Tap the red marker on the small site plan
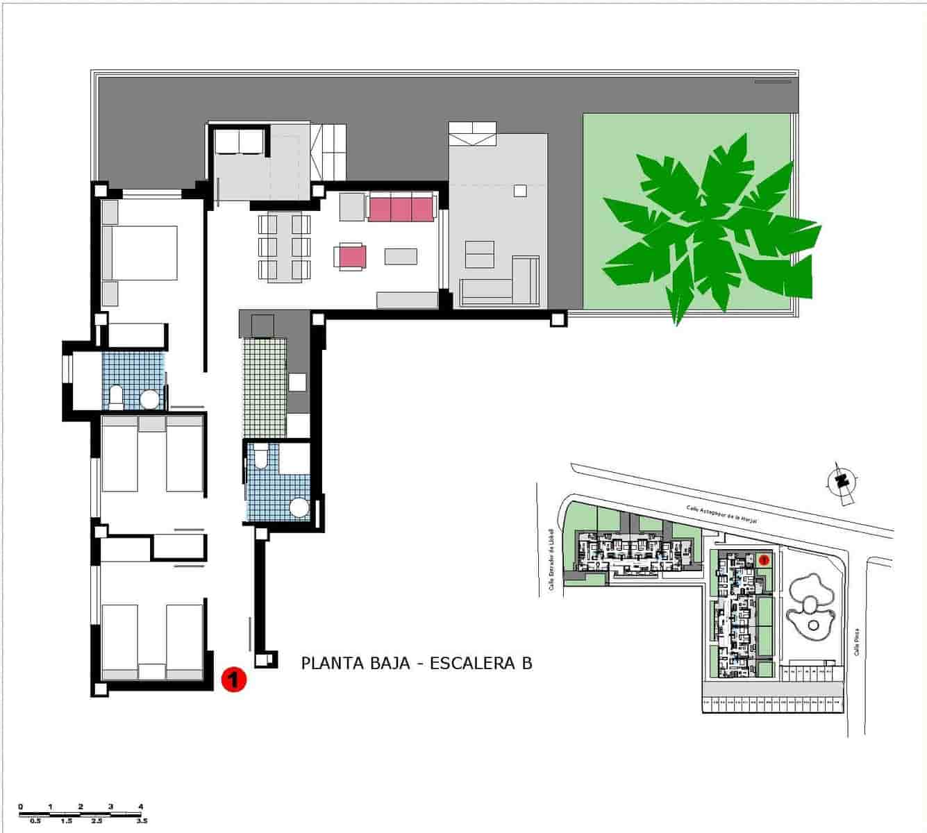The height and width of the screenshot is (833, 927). pos(764,558)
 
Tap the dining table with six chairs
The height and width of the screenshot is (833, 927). pos(284,246)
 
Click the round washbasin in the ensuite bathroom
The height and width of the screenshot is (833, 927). pos(150,398)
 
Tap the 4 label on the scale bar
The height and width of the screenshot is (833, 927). pos(141,807)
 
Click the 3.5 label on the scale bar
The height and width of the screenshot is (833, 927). pos(142,821)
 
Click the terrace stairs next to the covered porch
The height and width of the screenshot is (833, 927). pos(329,152)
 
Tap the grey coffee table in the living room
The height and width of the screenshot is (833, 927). pos(401,256)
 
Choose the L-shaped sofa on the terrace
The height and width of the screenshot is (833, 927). pos(500,286)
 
